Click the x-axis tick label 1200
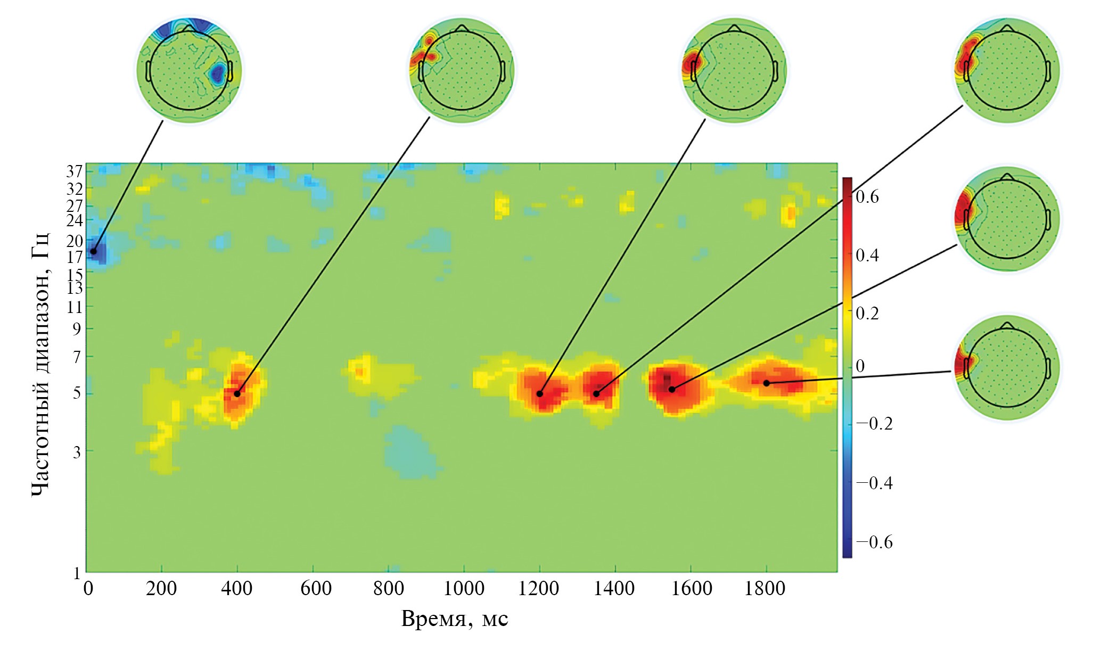(539, 589)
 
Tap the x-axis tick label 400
(236, 589)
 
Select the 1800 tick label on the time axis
(765, 589)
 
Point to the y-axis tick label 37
(75, 171)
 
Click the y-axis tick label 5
(77, 393)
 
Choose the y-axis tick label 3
(77, 452)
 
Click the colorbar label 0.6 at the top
(867, 197)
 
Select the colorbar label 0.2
(867, 313)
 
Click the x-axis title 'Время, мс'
(454, 619)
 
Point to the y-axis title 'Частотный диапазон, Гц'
(40, 365)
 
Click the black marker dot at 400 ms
(237, 394)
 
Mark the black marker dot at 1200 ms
(539, 394)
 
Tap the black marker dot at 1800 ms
(766, 383)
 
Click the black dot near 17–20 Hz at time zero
(94, 251)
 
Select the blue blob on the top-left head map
(217, 73)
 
